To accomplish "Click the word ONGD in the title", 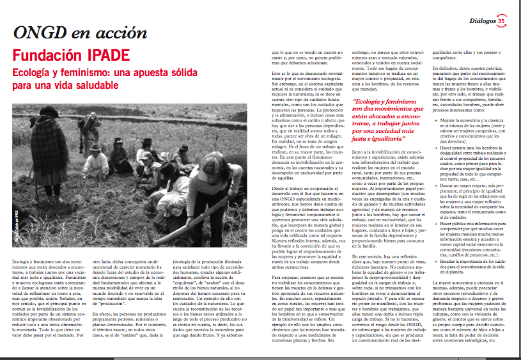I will pos(39,33).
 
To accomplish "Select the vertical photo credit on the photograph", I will pos(15,219).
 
